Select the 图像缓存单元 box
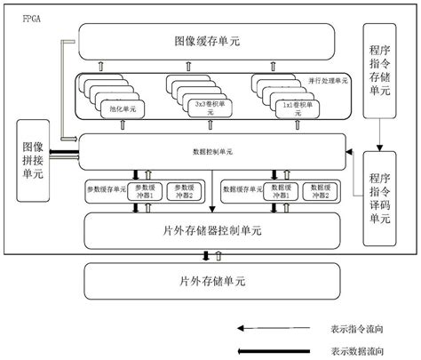(x=207, y=42)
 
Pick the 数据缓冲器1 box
(x=277, y=189)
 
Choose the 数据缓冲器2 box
(x=318, y=189)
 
